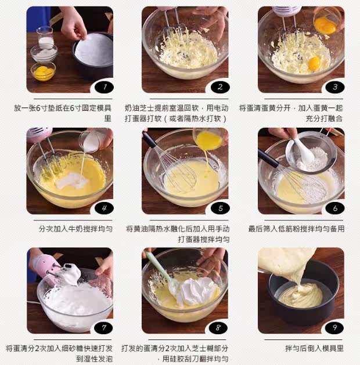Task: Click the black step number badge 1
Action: coord(104,87)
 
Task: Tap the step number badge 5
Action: coord(220,208)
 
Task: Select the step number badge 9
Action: coord(334,328)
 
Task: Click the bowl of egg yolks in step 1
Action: coord(44,71)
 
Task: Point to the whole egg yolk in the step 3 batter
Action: coord(314,63)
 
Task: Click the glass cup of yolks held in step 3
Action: coord(326,22)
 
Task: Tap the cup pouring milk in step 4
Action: coord(93,140)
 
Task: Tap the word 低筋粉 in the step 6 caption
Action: coord(289,229)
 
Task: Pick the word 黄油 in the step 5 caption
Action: coord(141,229)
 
